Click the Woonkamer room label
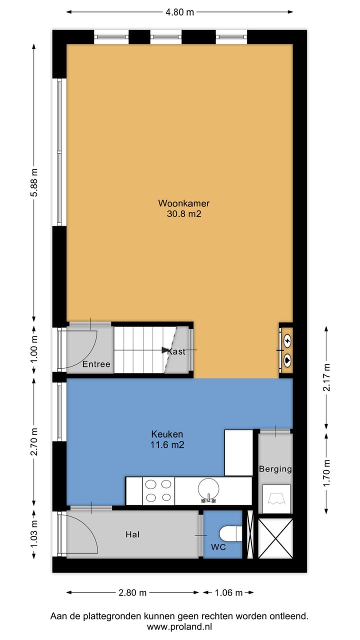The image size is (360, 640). click(x=183, y=203)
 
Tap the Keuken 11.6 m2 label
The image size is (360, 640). click(x=167, y=434)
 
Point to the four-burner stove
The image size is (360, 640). click(x=158, y=490)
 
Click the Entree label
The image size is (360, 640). click(x=96, y=364)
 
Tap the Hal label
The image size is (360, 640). click(x=132, y=534)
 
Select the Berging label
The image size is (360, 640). click(x=275, y=469)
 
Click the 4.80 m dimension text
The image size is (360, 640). click(x=179, y=12)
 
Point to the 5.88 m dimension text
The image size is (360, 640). click(x=34, y=183)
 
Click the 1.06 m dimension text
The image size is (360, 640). click(x=228, y=593)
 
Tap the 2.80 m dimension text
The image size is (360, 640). click(x=132, y=593)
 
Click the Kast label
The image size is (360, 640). click(x=176, y=351)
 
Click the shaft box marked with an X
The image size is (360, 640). click(x=275, y=538)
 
